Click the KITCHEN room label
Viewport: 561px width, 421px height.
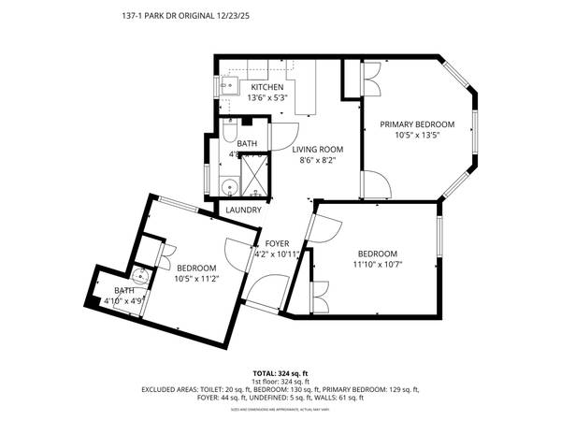click(x=266, y=88)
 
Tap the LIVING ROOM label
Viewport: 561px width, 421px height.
click(x=317, y=149)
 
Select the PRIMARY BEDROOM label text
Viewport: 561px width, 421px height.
click(x=416, y=124)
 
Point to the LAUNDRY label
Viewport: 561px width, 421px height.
click(x=243, y=210)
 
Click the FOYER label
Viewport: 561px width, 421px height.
click(x=277, y=243)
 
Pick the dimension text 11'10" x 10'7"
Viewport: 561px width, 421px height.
click(x=378, y=265)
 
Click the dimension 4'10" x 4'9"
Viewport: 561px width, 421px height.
click(x=129, y=301)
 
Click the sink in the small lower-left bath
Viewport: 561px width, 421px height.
click(x=139, y=277)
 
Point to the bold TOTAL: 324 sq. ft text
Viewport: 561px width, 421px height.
click(x=280, y=373)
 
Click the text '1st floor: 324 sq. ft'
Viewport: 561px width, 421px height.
click(x=280, y=382)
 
